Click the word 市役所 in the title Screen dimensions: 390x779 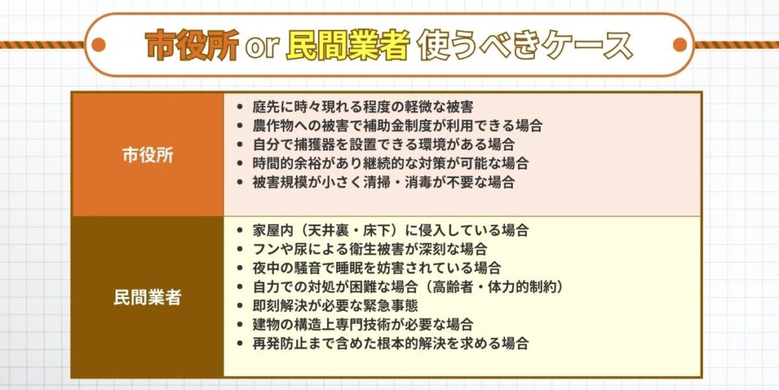(x=191, y=46)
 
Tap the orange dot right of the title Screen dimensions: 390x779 (x=679, y=45)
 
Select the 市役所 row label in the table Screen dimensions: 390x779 (x=148, y=155)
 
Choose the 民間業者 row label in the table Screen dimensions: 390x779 (x=148, y=297)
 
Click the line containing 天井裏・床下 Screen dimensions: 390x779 (x=390, y=230)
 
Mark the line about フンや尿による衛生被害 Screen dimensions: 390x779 (x=370, y=249)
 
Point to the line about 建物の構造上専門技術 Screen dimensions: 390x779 (x=363, y=324)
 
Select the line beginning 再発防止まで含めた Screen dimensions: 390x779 (x=390, y=344)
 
